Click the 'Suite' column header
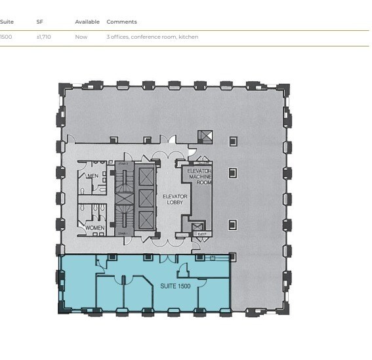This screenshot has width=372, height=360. (x=7, y=22)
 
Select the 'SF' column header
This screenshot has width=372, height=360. (x=39, y=22)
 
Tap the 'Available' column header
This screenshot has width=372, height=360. (x=87, y=22)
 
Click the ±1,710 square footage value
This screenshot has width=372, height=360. (x=43, y=37)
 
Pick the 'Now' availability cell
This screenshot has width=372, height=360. (x=81, y=37)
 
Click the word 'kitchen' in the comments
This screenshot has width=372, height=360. (x=188, y=37)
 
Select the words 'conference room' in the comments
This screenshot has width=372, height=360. (x=153, y=37)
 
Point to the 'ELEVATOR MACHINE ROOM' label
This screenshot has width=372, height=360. (x=199, y=176)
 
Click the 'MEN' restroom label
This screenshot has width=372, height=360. (x=93, y=176)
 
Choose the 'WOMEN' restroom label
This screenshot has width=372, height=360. (x=94, y=228)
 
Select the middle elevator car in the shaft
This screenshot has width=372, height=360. (x=146, y=198)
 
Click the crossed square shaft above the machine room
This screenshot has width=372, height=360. (x=206, y=136)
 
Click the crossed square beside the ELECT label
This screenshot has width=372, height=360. (x=197, y=227)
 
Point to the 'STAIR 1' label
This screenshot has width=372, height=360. (x=121, y=233)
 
